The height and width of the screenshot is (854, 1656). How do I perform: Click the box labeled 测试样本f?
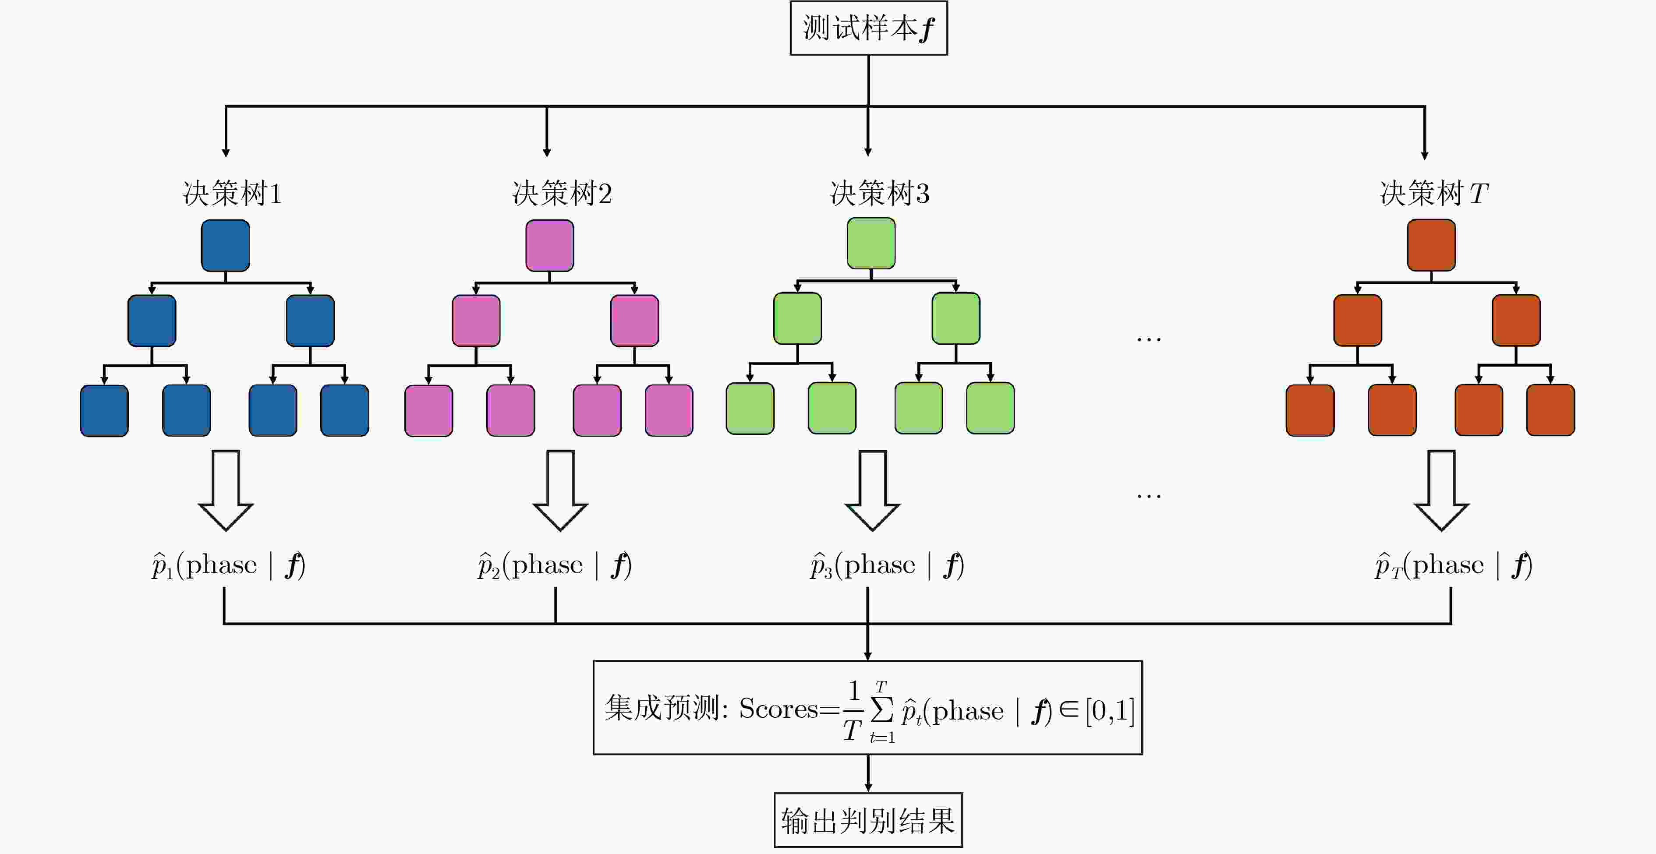click(868, 28)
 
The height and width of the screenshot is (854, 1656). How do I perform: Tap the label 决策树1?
click(232, 194)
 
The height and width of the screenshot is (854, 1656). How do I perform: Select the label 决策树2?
click(562, 194)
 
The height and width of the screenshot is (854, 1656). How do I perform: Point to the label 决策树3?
click(879, 194)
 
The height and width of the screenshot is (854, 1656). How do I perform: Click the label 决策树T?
click(1433, 194)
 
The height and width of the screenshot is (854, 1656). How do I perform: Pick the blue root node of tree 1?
click(225, 245)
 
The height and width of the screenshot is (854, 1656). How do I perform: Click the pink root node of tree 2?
click(550, 245)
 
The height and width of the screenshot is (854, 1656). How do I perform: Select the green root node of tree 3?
click(871, 243)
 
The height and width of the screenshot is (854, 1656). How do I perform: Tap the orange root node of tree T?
click(1431, 245)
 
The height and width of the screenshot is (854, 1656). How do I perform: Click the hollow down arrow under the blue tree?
click(226, 490)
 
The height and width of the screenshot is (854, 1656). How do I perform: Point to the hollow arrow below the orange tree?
click(1441, 490)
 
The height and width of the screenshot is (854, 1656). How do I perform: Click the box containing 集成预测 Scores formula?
click(867, 707)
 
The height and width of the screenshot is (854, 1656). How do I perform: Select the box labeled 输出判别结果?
click(868, 821)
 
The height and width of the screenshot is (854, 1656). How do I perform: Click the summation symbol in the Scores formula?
click(882, 710)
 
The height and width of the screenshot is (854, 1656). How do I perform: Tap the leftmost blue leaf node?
click(104, 411)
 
